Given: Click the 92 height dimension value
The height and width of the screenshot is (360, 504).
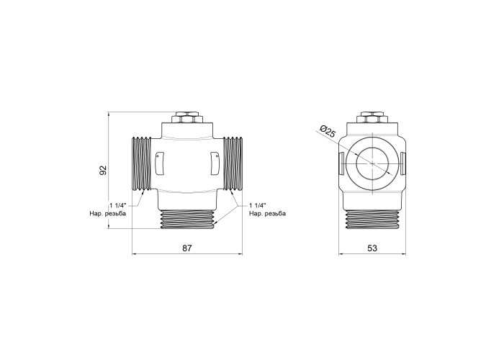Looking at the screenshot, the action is pyautogui.click(x=103, y=171).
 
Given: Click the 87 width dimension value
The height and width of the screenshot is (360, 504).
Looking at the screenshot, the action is pyautogui.click(x=187, y=248).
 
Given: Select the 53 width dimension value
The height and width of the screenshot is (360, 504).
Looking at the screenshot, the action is pyautogui.click(x=372, y=248).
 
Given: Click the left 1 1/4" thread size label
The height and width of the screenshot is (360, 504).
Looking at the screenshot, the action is pyautogui.click(x=118, y=205).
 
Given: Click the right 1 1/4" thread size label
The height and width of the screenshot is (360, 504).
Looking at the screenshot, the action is pyautogui.click(x=258, y=205).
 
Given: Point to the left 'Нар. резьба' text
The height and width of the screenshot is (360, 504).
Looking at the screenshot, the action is pyautogui.click(x=108, y=213).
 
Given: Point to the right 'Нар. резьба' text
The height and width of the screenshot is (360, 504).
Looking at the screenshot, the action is pyautogui.click(x=267, y=213).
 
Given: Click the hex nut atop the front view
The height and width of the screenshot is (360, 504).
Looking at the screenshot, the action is pyautogui.click(x=186, y=117).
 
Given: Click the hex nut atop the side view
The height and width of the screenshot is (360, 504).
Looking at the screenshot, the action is pyautogui.click(x=372, y=117).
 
